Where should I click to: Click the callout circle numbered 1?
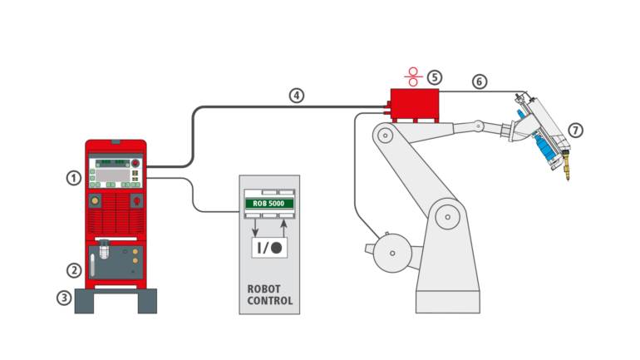click(x=74, y=177)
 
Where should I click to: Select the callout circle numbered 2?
click(x=74, y=269)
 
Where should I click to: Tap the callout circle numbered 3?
click(x=63, y=296)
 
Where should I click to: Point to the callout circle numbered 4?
click(x=296, y=95)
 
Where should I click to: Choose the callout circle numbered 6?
click(x=479, y=81)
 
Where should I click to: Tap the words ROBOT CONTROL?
click(x=270, y=295)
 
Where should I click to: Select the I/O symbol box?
click(x=269, y=247)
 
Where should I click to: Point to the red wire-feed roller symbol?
click(x=412, y=76)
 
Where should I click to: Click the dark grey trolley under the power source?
click(x=116, y=300)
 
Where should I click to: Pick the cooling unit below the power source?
click(x=116, y=261)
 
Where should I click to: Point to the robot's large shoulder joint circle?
click(x=450, y=219)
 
